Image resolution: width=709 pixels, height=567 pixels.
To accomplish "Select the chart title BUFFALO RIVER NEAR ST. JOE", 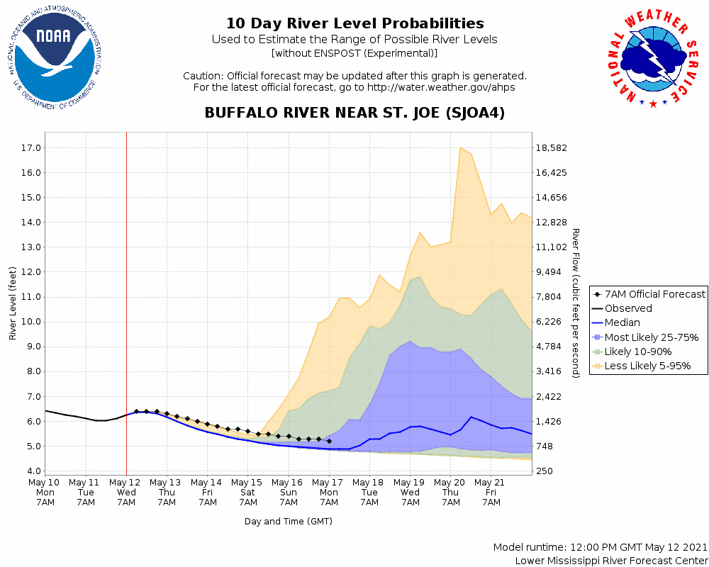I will click(354, 113).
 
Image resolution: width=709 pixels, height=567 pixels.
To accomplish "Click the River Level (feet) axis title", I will click(13, 303).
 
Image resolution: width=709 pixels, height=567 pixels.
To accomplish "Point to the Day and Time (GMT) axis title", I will click(289, 521).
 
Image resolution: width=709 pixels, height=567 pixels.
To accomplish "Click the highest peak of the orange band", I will click(461, 147).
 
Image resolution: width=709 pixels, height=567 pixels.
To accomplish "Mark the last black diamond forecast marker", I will click(329, 441).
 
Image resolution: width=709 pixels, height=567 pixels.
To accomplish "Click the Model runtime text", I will click(600, 547).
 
